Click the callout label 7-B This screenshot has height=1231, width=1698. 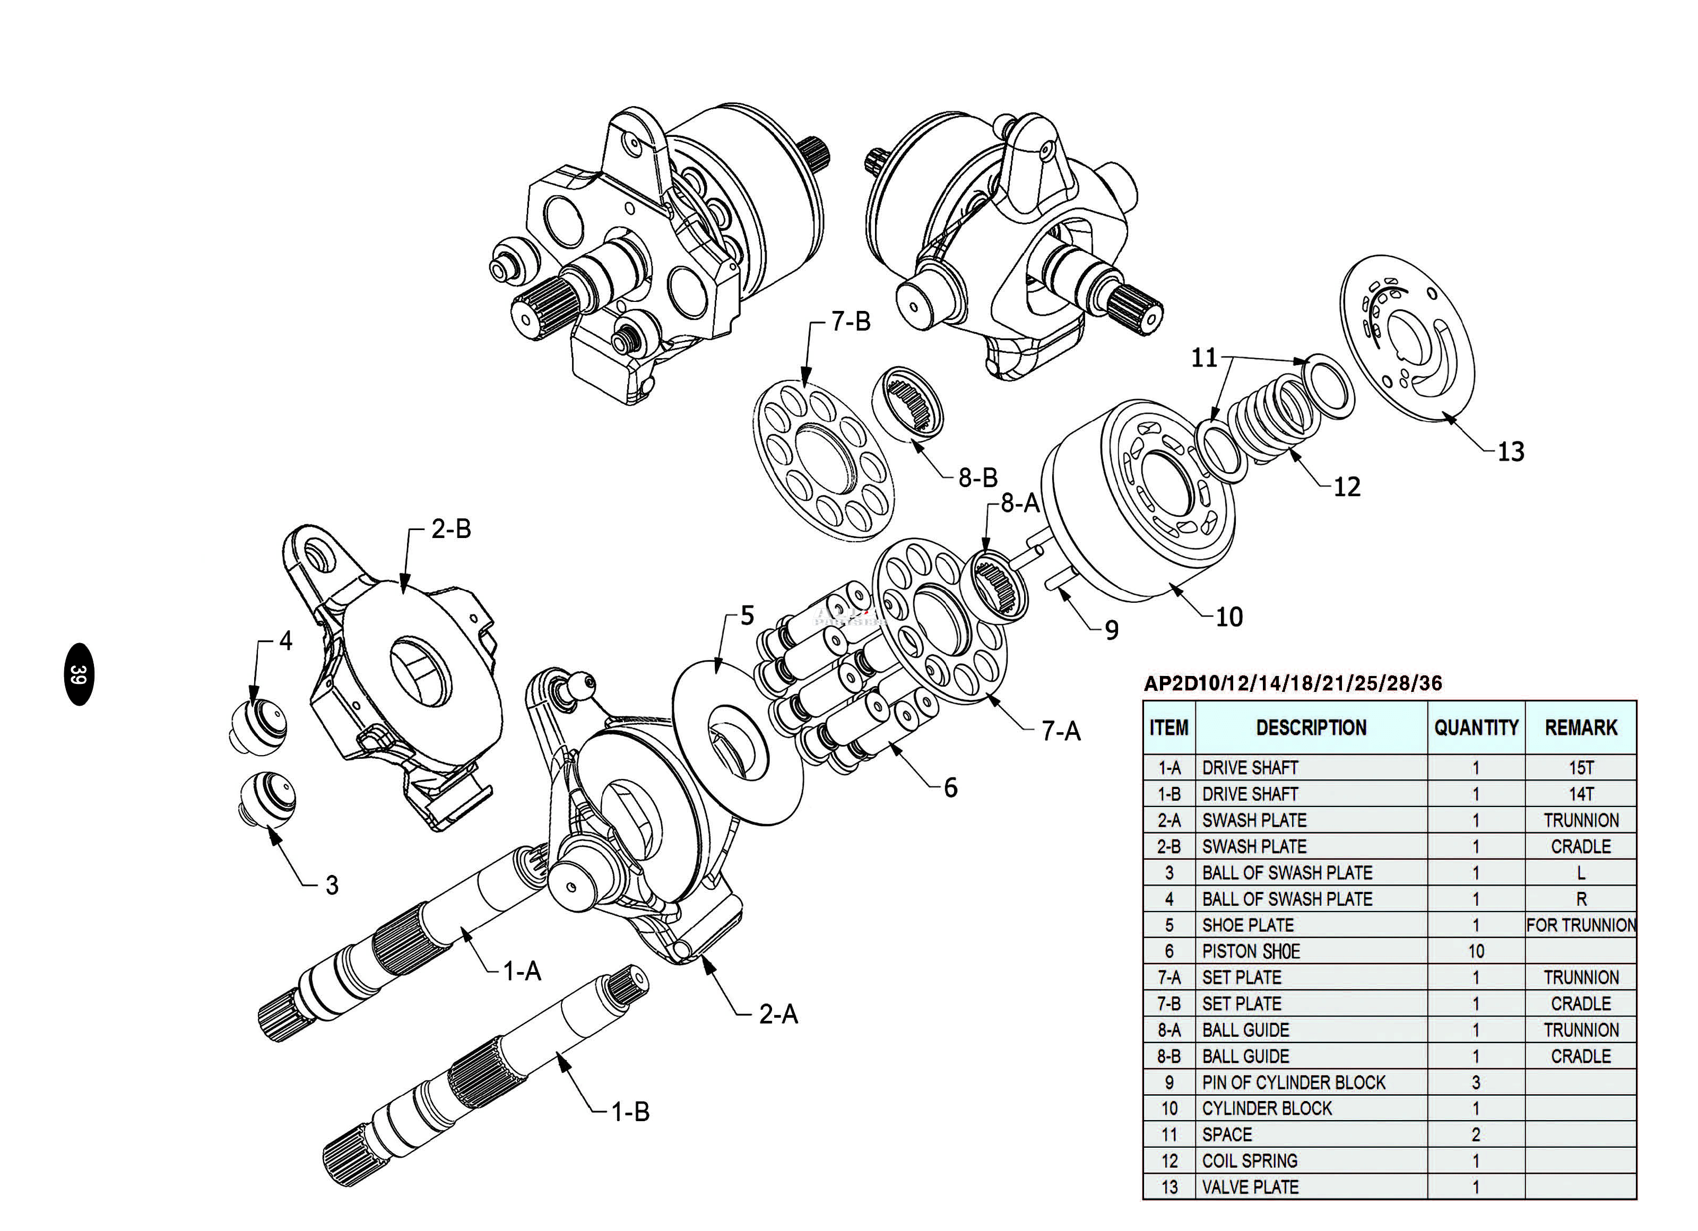[851, 322]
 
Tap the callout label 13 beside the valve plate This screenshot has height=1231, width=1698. [1511, 452]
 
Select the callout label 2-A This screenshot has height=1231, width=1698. [778, 1015]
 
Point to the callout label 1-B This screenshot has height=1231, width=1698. [630, 1112]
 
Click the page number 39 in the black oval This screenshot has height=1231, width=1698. [79, 674]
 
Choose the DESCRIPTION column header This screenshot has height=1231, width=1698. [1311, 728]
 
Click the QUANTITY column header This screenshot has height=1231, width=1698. [1476, 728]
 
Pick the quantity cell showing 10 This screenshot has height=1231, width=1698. [1476, 951]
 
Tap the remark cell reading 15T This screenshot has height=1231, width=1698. [1581, 767]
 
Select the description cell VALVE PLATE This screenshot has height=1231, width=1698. [1250, 1187]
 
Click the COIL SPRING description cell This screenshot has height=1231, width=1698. [1250, 1160]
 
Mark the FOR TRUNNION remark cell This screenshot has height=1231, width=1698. [1581, 925]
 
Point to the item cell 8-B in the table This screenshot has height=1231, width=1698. [1169, 1056]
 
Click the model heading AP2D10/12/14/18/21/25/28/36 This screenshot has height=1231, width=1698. [1293, 683]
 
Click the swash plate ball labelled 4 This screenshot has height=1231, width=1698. [258, 727]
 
